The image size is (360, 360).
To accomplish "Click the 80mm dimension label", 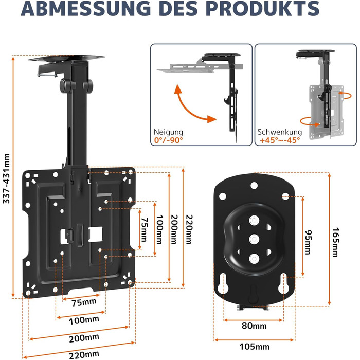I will (255, 326).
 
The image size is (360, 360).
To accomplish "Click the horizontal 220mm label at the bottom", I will (84, 353).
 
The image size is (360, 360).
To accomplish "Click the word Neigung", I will (168, 132).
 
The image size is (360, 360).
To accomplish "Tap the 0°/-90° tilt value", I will (168, 140).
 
